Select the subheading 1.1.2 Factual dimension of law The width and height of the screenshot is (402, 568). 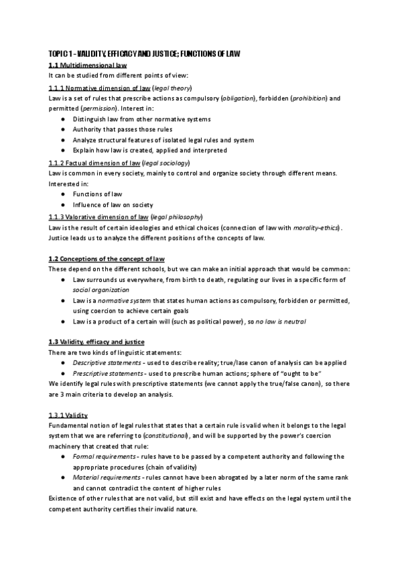[x=94, y=163]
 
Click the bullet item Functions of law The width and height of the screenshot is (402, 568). [x=98, y=194]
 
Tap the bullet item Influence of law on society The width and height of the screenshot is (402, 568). [x=113, y=204]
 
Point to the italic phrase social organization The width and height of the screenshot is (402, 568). [x=101, y=290]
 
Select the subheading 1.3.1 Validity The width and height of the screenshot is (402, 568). [x=68, y=415]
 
